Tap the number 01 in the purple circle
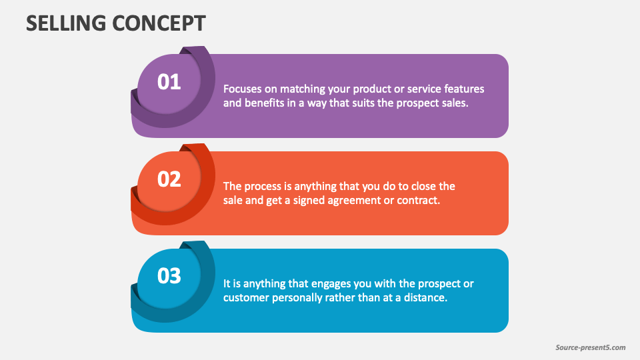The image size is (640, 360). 169,82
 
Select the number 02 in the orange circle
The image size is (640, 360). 169,179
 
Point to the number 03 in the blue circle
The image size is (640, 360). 169,276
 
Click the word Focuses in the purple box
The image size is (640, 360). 241,89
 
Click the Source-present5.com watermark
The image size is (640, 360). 591,347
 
